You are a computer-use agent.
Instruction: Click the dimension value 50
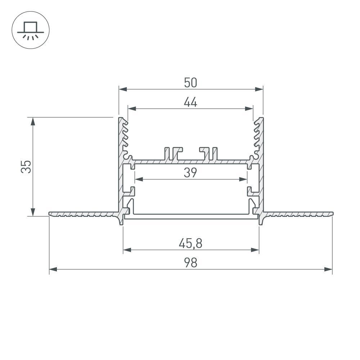pyautogui.click(x=190, y=83)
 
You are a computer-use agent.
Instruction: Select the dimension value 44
pyautogui.click(x=190, y=103)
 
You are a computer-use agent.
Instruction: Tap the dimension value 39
pyautogui.click(x=190, y=173)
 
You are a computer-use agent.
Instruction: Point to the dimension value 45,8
pyautogui.click(x=190, y=244)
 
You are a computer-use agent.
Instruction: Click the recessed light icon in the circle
pyautogui.click(x=31, y=31)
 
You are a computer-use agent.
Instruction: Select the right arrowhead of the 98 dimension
pyautogui.click(x=328, y=269)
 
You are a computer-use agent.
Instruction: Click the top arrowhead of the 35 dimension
pyautogui.click(x=33, y=121)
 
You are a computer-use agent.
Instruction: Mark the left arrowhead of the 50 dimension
pyautogui.click(x=123, y=89)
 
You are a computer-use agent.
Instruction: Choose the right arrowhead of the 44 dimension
pyautogui.click(x=249, y=108)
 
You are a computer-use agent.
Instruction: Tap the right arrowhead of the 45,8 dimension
pyautogui.click(x=255, y=249)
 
